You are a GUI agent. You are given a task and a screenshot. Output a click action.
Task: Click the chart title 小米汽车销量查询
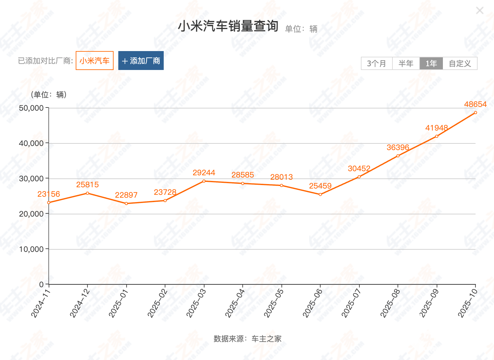coord(228,26)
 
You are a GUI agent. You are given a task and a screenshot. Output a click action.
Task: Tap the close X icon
coord(479,11)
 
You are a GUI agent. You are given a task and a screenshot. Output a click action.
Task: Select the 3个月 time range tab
coord(376,64)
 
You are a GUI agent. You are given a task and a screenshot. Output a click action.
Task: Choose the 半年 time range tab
coord(406,64)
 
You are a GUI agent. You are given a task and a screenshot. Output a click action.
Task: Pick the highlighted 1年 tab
coord(431,64)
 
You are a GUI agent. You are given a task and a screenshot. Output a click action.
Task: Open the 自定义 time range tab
coord(460,64)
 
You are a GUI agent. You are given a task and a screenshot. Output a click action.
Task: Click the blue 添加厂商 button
coord(141,61)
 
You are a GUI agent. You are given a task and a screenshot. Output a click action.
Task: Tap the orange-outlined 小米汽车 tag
coord(94,61)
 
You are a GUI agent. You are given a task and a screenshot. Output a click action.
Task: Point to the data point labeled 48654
coord(475,113)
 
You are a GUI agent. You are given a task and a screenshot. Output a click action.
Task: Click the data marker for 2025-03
coord(204,181)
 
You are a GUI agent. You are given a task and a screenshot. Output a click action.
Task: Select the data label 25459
coord(320,186)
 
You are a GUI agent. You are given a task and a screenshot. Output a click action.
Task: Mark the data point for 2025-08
coord(398,156)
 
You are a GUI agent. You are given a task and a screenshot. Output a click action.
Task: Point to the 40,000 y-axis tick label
coord(31,143)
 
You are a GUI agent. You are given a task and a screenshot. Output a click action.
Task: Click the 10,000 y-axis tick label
coord(31,249)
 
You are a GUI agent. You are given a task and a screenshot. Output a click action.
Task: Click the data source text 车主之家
coord(266,339)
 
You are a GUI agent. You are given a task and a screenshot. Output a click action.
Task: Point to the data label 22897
coord(126,195)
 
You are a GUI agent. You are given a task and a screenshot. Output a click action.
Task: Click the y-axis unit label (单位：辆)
coord(49,95)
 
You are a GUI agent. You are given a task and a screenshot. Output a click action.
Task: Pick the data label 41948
coord(437,128)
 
